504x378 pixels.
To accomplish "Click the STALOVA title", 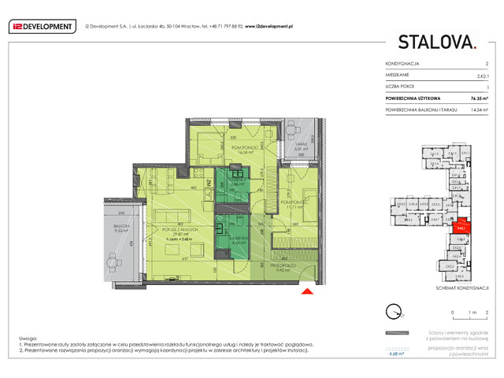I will [436, 42].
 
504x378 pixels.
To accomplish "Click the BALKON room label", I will [120, 226].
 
